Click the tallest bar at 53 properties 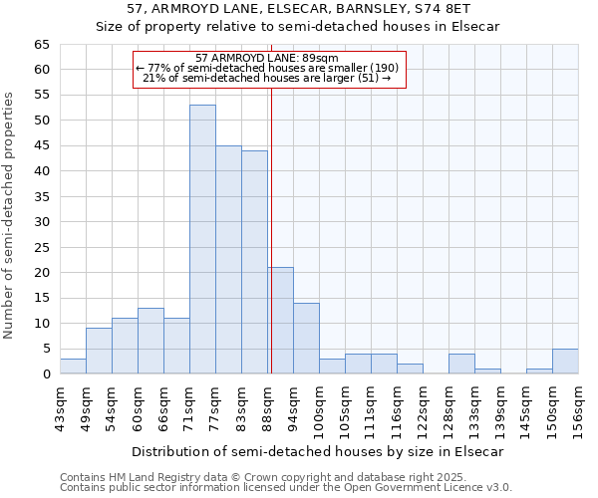pyautogui.click(x=202, y=239)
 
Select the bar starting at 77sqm pyautogui.click(x=228, y=259)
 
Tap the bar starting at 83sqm pyautogui.click(x=254, y=262)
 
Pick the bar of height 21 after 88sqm pyautogui.click(x=280, y=320)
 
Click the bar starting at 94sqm pyautogui.click(x=306, y=338)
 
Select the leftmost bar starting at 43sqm pyautogui.click(x=73, y=366)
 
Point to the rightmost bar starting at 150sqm pyautogui.click(x=565, y=361)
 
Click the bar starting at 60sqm pyautogui.click(x=150, y=341)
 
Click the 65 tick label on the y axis pyautogui.click(x=41, y=45)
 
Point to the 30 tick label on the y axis pyautogui.click(x=41, y=222)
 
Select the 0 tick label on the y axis pyautogui.click(x=45, y=374)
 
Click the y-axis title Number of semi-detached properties pyautogui.click(x=10, y=215)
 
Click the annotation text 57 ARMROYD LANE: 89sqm pyautogui.click(x=267, y=59)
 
